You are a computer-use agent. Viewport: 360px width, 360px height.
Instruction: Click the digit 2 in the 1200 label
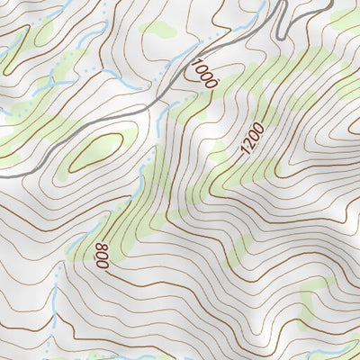251,148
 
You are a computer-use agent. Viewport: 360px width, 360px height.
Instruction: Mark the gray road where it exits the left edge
3,176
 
